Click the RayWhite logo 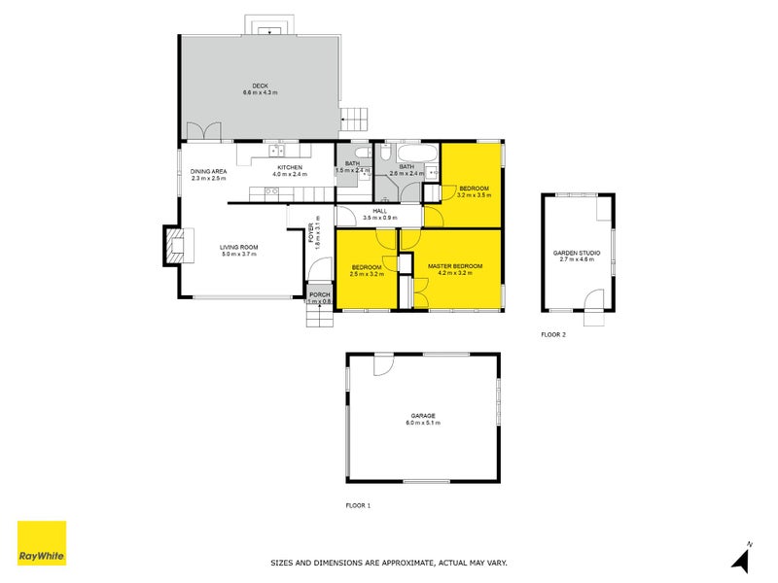coord(42,543)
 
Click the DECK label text coord(260,86)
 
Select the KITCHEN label coord(290,168)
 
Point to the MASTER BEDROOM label coord(454,265)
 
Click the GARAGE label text coord(422,416)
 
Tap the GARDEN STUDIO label coord(577,253)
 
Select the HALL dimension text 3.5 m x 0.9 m coord(379,218)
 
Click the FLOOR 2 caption coord(553,334)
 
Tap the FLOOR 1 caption coord(359,505)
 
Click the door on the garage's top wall coord(382,361)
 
